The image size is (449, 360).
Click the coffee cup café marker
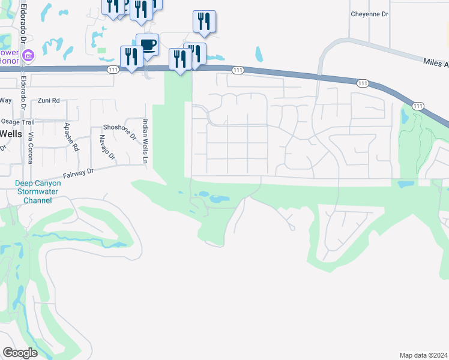point(148,44)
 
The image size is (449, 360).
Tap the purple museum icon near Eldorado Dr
point(26,56)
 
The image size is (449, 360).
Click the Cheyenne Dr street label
point(370,14)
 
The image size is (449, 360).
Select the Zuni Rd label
point(49,101)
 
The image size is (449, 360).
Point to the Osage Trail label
point(17,121)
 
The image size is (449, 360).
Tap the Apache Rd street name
point(71,137)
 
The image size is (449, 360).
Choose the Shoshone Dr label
point(120,130)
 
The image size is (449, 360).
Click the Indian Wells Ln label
point(144,142)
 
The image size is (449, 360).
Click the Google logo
point(20,353)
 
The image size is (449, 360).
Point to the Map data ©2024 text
point(423,355)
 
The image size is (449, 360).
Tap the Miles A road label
point(435,62)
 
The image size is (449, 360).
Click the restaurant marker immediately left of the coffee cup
point(131,56)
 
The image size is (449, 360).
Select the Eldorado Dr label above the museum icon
point(23,22)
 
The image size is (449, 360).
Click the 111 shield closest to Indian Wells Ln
point(112,70)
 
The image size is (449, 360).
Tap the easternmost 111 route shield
point(417,106)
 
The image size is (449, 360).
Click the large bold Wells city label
point(11,133)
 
